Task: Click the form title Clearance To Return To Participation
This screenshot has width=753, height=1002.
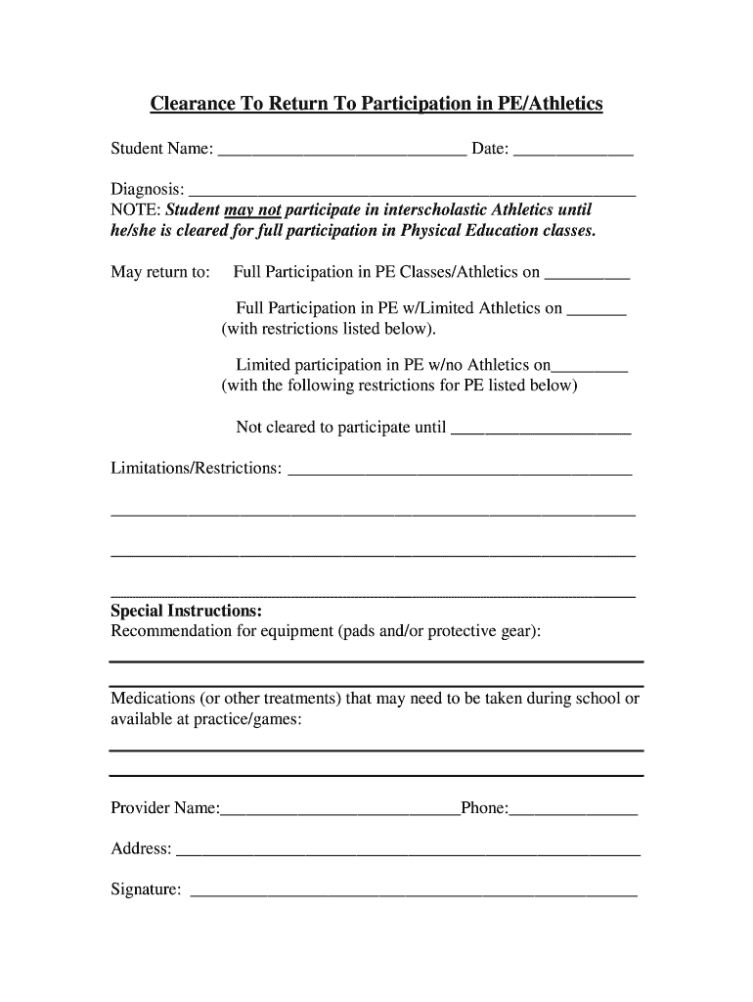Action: [x=376, y=104]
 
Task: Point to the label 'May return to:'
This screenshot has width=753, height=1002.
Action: [x=160, y=272]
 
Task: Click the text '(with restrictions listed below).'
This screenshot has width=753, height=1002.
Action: [x=329, y=328]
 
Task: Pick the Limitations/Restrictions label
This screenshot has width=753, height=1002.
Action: [x=197, y=469]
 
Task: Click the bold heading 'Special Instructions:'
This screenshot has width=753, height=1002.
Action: [x=186, y=612]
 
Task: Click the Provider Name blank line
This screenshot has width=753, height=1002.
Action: [x=340, y=811]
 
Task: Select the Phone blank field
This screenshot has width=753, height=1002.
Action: [x=573, y=811]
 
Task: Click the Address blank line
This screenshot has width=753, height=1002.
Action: [x=407, y=851]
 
